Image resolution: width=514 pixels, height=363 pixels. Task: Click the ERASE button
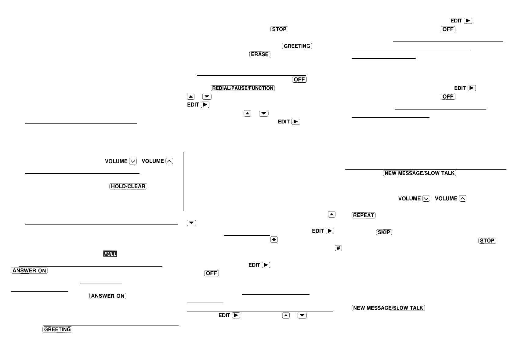tap(260, 54)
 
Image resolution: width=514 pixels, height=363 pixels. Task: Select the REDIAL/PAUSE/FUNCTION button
tap(243, 88)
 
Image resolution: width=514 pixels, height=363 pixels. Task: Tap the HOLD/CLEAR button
tap(128, 186)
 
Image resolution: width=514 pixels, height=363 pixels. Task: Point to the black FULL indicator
tap(110, 254)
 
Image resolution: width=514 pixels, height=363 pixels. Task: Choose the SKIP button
tap(384, 232)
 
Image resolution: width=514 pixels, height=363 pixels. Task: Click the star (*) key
tap(274, 240)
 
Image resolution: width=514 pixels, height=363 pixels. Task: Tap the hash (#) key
tap(338, 248)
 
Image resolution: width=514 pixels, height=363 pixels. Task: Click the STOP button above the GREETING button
tap(279, 29)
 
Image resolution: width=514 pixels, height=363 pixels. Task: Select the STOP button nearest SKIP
tap(487, 241)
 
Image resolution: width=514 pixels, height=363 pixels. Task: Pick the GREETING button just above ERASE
tap(297, 46)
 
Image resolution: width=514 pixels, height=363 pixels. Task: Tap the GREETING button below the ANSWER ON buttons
tap(57, 329)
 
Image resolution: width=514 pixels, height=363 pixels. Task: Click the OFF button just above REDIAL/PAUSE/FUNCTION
tap(299, 80)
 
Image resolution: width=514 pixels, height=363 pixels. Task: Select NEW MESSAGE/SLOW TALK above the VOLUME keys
tap(419, 173)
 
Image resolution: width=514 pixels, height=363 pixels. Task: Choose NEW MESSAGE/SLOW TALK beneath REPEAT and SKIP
tap(388, 308)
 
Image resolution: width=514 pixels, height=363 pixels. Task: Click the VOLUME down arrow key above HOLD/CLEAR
tap(133, 161)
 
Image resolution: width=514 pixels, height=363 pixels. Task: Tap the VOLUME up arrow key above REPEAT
tap(463, 199)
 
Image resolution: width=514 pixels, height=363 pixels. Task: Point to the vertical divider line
tap(183, 181)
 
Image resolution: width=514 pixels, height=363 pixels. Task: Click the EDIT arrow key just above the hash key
tap(330, 231)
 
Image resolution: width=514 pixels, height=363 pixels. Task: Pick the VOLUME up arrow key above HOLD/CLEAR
tap(169, 161)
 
